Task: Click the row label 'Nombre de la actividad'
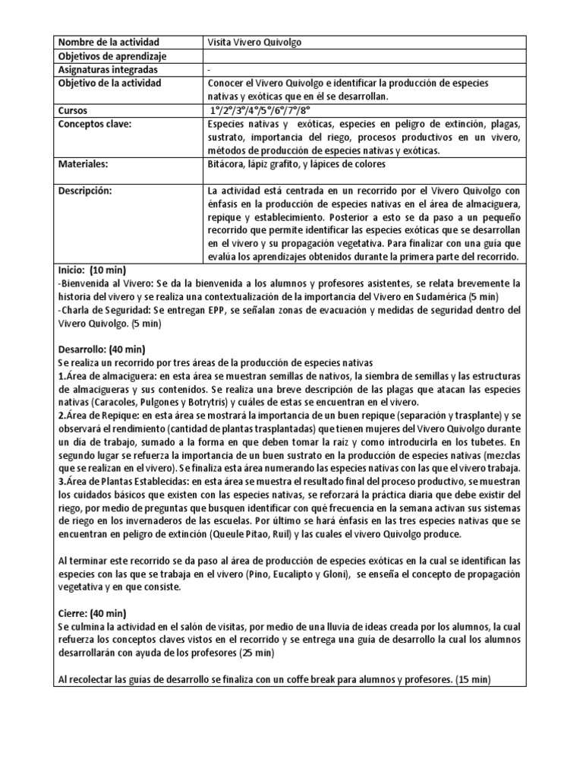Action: (108, 43)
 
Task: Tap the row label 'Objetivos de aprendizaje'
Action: (112, 56)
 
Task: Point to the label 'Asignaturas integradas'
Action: (109, 70)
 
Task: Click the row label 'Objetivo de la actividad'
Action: (109, 84)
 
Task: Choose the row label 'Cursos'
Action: (73, 111)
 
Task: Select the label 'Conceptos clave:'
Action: (95, 125)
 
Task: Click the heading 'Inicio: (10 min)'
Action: (92, 270)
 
